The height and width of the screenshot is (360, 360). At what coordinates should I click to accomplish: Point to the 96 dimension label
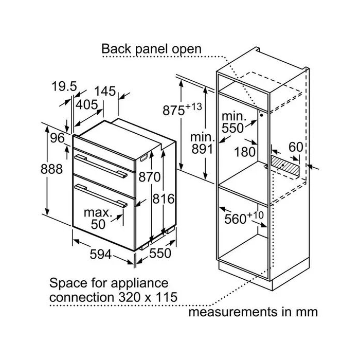click(x=57, y=138)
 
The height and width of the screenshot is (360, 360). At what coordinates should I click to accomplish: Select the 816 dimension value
click(x=165, y=199)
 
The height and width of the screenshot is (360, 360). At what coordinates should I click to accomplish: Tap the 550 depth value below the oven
click(x=159, y=254)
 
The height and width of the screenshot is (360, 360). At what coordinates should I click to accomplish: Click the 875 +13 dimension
click(x=182, y=109)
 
